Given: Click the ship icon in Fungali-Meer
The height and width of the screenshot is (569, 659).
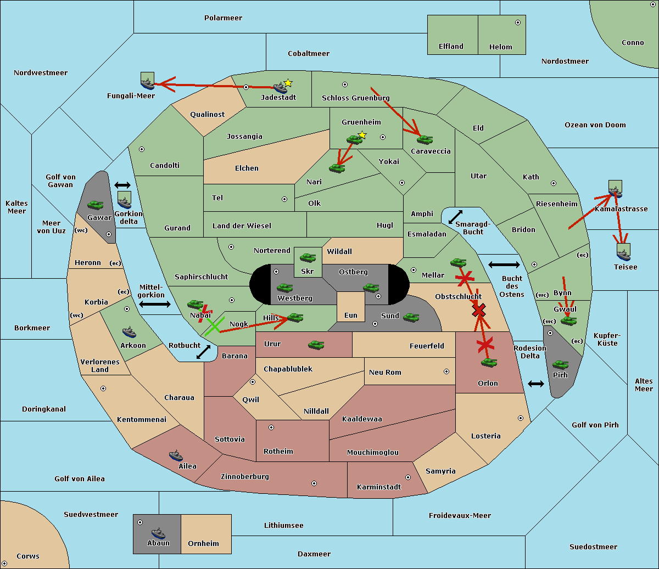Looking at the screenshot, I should [x=147, y=83].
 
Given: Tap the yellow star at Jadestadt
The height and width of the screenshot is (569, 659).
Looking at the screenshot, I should [x=288, y=83].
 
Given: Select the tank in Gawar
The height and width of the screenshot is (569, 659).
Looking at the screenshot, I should [x=95, y=205].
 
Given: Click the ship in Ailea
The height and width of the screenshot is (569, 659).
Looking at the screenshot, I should [x=176, y=455].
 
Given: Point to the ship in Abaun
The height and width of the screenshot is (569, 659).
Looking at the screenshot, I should [x=158, y=533].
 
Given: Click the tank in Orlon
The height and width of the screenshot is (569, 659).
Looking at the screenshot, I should [x=489, y=363].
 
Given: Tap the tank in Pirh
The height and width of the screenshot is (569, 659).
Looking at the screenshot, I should [x=560, y=365].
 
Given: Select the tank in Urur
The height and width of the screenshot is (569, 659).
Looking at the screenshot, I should [x=316, y=345].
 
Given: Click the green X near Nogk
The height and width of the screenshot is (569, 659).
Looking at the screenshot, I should [x=213, y=325].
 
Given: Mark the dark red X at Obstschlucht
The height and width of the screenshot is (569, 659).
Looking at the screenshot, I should [x=479, y=311].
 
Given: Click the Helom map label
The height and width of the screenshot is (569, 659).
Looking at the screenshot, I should [x=500, y=47].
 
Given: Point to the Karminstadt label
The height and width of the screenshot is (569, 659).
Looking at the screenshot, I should [x=379, y=487].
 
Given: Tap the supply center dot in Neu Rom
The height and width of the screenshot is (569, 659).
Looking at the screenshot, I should [x=446, y=371].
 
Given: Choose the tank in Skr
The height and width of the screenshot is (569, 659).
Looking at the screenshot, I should [x=308, y=257].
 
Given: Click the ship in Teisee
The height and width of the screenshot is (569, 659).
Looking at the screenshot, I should [x=623, y=254].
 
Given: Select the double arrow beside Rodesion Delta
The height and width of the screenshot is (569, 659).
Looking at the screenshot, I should [x=536, y=384].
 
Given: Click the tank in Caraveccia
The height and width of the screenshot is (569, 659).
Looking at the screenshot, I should [x=425, y=140].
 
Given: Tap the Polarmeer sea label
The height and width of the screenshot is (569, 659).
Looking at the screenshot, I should [x=223, y=18].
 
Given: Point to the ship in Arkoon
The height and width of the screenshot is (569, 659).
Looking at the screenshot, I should [x=129, y=332].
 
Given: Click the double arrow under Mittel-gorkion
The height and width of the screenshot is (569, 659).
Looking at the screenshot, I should [x=155, y=304].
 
